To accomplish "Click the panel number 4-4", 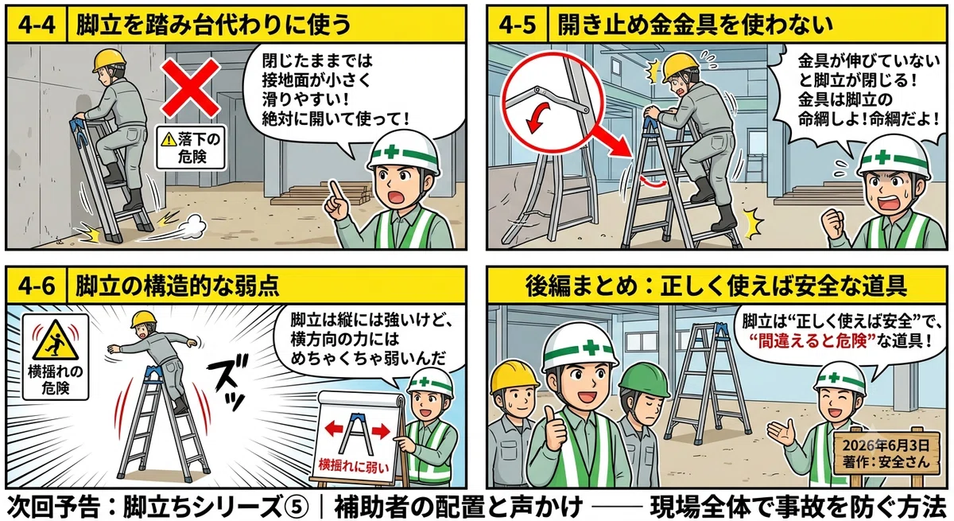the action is (x=37, y=25).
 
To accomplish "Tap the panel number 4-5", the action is (x=517, y=25).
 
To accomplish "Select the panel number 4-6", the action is (x=37, y=286).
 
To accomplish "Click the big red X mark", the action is (x=190, y=88).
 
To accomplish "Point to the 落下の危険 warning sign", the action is (x=191, y=147).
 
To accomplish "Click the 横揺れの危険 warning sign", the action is (x=56, y=357).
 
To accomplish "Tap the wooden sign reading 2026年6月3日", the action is (x=886, y=453).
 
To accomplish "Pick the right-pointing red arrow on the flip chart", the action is (x=381, y=430).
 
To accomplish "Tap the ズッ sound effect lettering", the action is (x=228, y=381).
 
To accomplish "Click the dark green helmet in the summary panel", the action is (x=645, y=379).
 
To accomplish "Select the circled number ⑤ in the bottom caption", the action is (x=297, y=507).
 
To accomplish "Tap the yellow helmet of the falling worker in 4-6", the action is (x=143, y=319).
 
